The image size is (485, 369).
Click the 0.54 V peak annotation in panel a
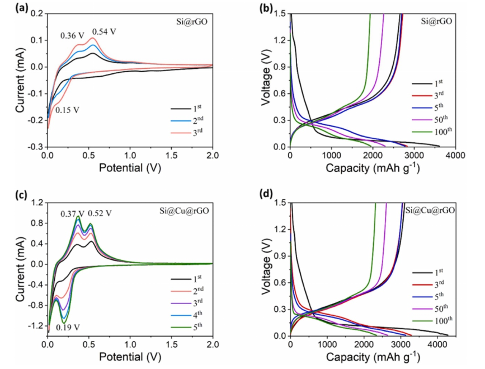point(104,31)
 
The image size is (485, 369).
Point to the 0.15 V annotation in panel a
point(67,110)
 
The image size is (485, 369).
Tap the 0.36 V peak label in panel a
point(73,36)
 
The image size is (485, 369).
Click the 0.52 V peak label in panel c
point(100,213)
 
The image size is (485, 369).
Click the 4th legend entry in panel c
point(187,315)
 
